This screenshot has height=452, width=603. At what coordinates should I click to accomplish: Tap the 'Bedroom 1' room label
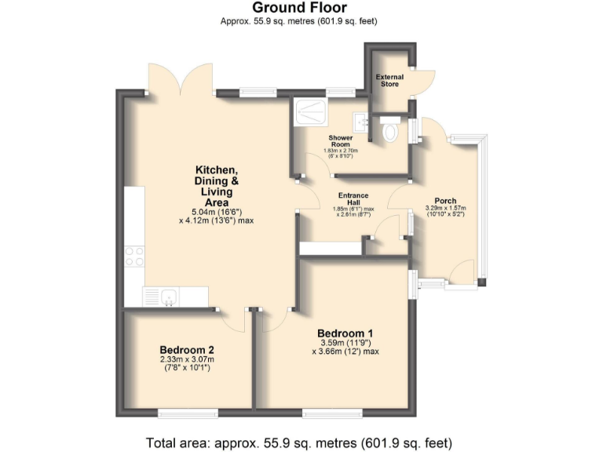pyautogui.click(x=345, y=334)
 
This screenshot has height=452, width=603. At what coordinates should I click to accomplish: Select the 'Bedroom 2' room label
pyautogui.click(x=187, y=350)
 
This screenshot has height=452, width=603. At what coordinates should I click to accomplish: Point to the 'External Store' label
pyautogui.click(x=389, y=80)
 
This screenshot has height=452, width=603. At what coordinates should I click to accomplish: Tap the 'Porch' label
pyautogui.click(x=444, y=201)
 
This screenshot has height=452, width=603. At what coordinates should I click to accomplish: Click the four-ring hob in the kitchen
pyautogui.click(x=133, y=256)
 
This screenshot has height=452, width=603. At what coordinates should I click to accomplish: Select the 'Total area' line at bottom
pyautogui.click(x=301, y=442)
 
